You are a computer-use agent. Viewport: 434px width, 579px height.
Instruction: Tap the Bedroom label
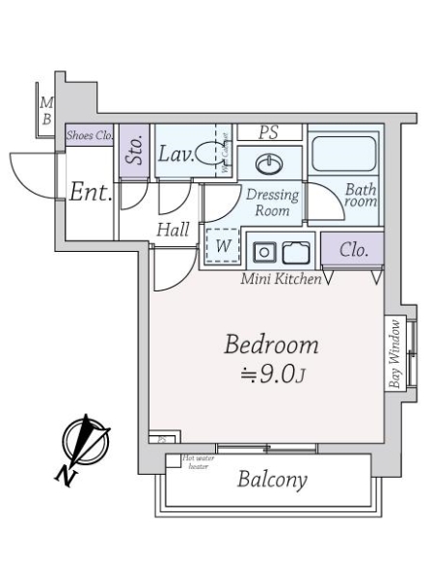point(271,345)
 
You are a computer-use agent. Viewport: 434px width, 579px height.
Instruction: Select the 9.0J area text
point(271,374)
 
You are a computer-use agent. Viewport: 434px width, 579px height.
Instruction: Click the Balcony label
point(272,480)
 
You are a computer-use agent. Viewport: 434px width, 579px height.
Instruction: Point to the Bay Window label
point(393,353)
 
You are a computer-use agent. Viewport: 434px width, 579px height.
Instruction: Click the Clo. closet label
point(353,250)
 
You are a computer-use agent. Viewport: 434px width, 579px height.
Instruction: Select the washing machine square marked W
point(223,246)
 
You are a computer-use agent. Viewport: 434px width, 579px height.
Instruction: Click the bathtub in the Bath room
point(344,154)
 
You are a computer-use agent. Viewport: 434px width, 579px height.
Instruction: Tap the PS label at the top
point(269,132)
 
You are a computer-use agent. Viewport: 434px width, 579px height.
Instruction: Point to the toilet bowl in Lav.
point(206,153)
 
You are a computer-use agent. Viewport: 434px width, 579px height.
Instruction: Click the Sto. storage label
point(135,152)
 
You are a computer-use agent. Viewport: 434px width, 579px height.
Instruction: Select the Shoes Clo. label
point(90,137)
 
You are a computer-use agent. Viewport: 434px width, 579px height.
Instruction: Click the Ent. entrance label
point(91,191)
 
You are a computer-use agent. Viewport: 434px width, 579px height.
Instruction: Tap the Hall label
point(173,229)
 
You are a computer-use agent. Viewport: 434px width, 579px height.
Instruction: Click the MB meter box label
point(46,111)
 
